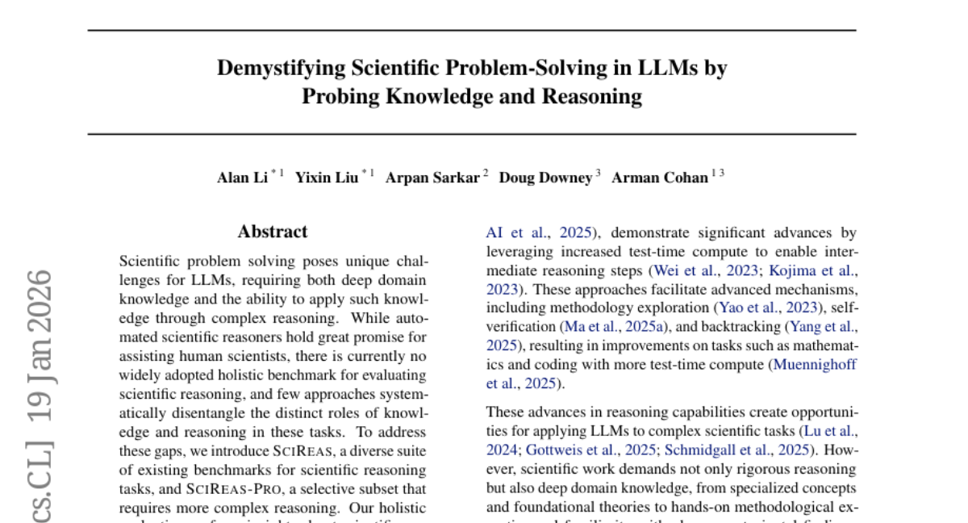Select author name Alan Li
[x=242, y=178]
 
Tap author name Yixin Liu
[x=326, y=178]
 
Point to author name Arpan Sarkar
[x=432, y=178]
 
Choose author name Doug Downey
[x=545, y=178]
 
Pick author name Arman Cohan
[x=660, y=178]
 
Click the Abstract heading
[x=273, y=232]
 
